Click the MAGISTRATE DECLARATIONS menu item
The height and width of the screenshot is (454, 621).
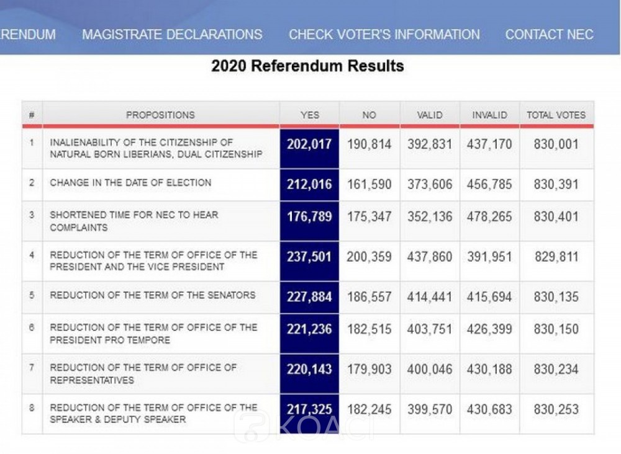tap(172, 35)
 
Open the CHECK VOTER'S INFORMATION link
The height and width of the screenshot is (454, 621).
tap(384, 35)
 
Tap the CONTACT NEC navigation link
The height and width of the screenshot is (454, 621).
tap(549, 35)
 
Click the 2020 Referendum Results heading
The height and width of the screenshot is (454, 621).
tap(307, 66)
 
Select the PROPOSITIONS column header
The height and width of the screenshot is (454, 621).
tap(160, 115)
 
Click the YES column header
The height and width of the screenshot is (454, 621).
tap(309, 115)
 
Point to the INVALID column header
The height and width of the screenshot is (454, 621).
tap(489, 115)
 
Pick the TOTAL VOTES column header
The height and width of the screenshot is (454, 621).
tap(556, 115)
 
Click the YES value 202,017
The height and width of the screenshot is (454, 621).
tap(309, 145)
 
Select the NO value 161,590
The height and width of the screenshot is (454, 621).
tap(369, 184)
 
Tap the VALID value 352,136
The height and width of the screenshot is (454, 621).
tap(430, 217)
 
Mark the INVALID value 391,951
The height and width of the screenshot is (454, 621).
tap(489, 256)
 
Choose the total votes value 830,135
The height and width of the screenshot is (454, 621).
tap(556, 296)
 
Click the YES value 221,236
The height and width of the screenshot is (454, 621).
tap(309, 329)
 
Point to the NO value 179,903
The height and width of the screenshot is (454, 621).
tap(369, 369)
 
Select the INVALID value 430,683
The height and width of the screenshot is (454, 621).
tap(489, 409)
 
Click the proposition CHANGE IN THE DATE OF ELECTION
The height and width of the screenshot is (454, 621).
tap(130, 183)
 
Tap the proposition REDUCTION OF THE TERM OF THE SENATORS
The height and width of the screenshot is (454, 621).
tap(152, 295)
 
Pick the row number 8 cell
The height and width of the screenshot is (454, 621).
tap(32, 408)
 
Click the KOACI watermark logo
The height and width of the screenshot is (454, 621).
tap(304, 426)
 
